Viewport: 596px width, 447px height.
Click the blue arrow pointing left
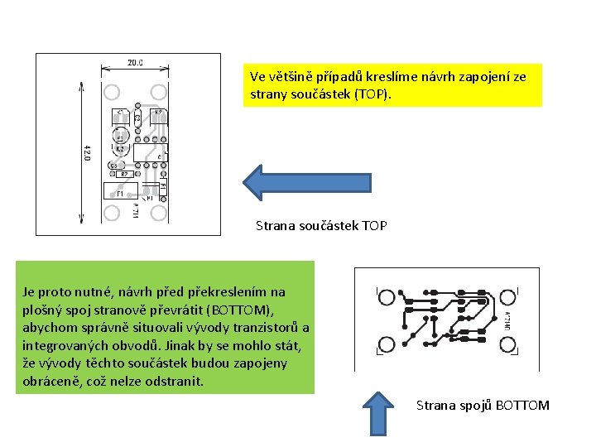pos(305,183)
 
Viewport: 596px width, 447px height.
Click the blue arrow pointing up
pos(377,413)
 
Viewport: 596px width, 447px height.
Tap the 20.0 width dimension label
pos(135,62)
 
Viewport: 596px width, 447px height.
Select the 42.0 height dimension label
pos(87,153)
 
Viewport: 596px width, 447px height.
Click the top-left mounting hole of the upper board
pos(113,91)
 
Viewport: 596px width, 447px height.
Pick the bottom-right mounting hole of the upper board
pos(157,214)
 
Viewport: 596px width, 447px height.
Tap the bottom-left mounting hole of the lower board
pos(384,344)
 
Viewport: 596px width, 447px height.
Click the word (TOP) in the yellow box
pos(369,94)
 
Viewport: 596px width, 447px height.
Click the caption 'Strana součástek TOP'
pos(320,225)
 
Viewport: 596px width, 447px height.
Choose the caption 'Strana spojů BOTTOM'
pos(482,405)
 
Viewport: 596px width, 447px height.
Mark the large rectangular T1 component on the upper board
pos(121,192)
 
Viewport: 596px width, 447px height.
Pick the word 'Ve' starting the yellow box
pos(257,76)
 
